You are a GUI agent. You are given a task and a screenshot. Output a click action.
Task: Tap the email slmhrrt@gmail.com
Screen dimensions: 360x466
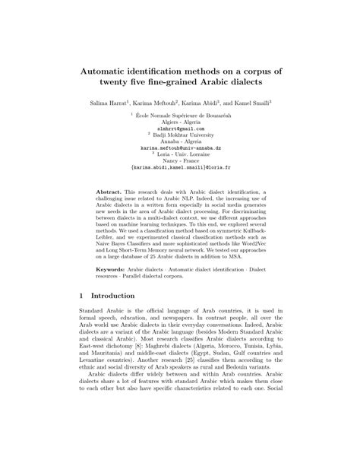180,128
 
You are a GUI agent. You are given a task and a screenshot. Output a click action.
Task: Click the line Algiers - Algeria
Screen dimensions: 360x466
180,122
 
